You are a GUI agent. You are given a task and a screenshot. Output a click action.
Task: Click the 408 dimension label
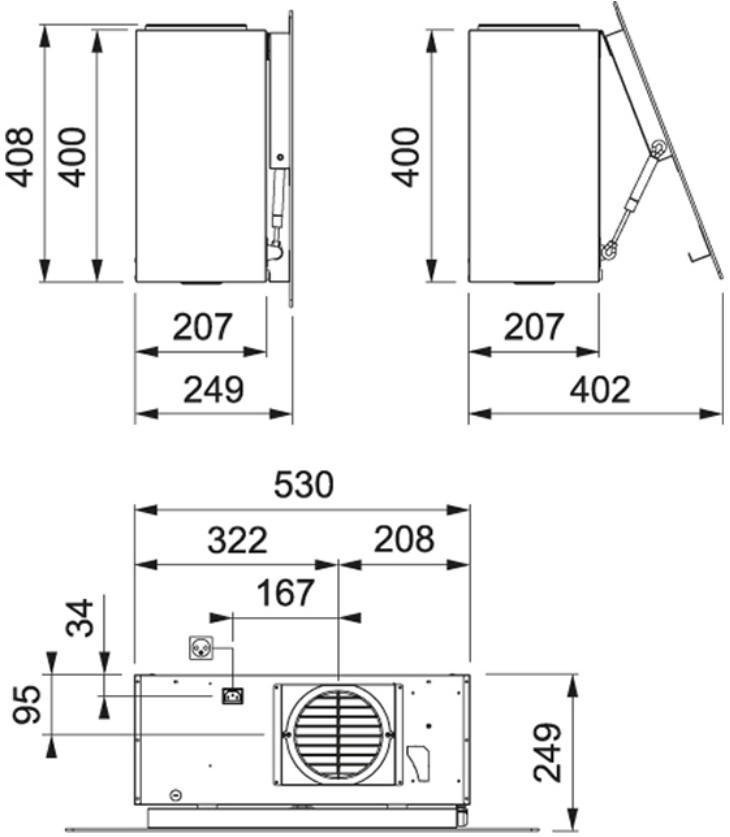click(20, 157)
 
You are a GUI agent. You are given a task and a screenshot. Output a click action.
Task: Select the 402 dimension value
click(600, 390)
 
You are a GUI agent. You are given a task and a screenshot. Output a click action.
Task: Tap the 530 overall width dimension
click(304, 485)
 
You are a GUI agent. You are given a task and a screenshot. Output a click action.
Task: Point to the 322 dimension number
click(237, 540)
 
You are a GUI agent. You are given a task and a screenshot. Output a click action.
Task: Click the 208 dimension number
click(404, 539)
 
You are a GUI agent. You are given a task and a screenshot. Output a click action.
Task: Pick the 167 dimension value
click(285, 593)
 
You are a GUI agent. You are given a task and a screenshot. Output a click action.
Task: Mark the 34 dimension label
click(80, 618)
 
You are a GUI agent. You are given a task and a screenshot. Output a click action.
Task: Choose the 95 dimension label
click(27, 705)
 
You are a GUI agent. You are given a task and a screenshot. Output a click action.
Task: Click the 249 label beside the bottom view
click(548, 753)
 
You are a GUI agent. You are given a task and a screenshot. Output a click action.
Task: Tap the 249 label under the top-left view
click(213, 390)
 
